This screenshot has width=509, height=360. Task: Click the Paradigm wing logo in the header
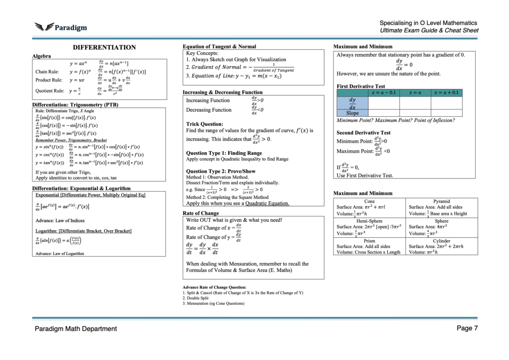coord(44,27)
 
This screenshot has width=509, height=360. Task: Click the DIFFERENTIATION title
coord(104,47)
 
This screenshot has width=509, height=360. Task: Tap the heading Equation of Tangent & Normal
coord(219,46)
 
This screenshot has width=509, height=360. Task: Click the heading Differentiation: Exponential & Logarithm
coord(81,188)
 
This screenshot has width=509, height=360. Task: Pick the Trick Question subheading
coord(204,124)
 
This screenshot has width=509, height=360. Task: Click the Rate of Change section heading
coord(201,213)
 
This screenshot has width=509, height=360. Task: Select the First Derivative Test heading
coord(360,86)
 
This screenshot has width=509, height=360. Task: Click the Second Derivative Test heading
coord(363,133)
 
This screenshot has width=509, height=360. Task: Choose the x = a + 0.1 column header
coord(446,92)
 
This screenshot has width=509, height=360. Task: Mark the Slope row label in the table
coord(352,113)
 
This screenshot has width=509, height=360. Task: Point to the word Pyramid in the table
coord(441,201)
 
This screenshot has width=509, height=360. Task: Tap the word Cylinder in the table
coord(441,240)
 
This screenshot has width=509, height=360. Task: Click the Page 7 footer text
coord(467,328)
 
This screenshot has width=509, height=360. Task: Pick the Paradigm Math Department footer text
coord(76,329)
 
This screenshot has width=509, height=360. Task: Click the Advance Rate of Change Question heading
coord(214,287)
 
